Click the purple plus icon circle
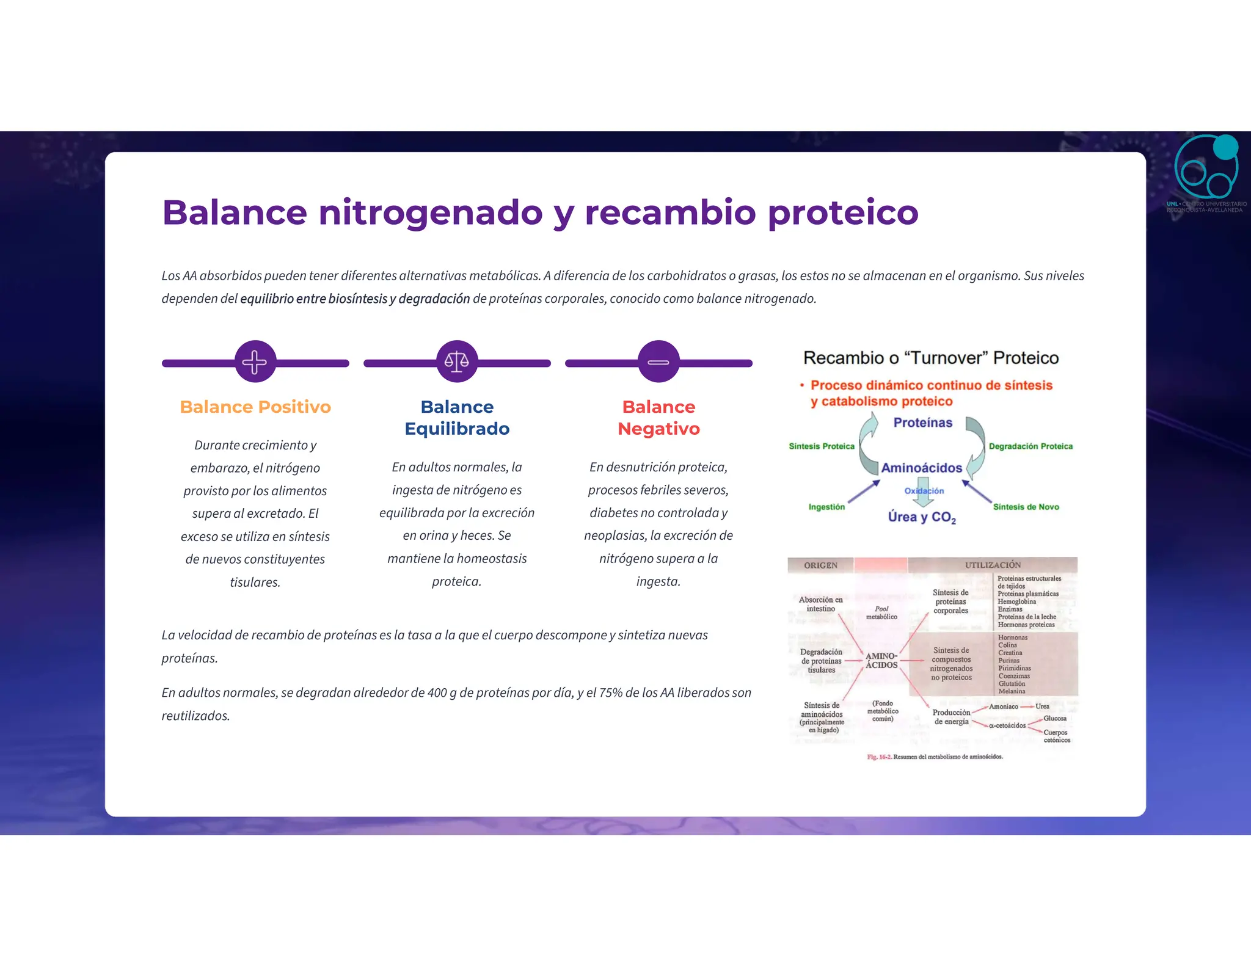pyautogui.click(x=255, y=361)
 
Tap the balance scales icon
pyautogui.click(x=457, y=361)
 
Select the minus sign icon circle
pyautogui.click(x=658, y=361)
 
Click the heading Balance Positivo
pyautogui.click(x=255, y=407)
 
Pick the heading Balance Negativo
pyautogui.click(x=658, y=418)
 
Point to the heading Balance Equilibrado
pyautogui.click(x=457, y=418)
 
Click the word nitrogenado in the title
pyautogui.click(x=430, y=212)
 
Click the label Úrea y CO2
pyautogui.click(x=921, y=517)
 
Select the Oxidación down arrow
pyautogui.click(x=924, y=492)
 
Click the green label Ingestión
pyautogui.click(x=826, y=507)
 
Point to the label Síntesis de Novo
pyautogui.click(x=1026, y=507)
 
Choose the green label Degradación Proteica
pyautogui.click(x=1030, y=446)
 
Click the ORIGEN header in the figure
pyautogui.click(x=820, y=565)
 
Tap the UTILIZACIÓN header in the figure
pyautogui.click(x=993, y=565)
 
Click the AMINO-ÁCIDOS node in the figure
pyautogui.click(x=881, y=661)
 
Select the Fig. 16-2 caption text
pyautogui.click(x=935, y=757)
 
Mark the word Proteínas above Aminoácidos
pyautogui.click(x=922, y=423)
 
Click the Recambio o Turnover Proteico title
pyautogui.click(x=930, y=358)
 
